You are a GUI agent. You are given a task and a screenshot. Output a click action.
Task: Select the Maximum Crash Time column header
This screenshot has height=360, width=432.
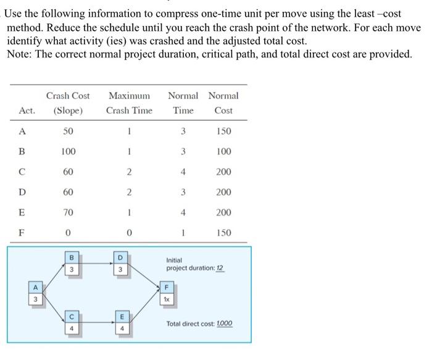coord(129,103)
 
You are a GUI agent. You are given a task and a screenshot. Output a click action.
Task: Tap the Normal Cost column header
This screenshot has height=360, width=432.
coord(223,103)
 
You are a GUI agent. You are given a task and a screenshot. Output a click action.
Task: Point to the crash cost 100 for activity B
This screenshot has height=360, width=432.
coord(68,151)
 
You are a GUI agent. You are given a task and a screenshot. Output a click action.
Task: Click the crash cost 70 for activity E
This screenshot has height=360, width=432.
coord(68,212)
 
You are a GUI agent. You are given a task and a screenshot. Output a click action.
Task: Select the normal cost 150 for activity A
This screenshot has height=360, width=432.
coord(223,131)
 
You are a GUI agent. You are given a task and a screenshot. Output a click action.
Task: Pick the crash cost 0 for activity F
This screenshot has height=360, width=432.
coord(68,233)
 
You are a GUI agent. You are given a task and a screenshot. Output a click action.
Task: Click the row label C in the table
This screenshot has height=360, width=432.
coord(23,172)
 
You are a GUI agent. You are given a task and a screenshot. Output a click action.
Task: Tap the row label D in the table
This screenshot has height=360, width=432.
coord(23,192)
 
